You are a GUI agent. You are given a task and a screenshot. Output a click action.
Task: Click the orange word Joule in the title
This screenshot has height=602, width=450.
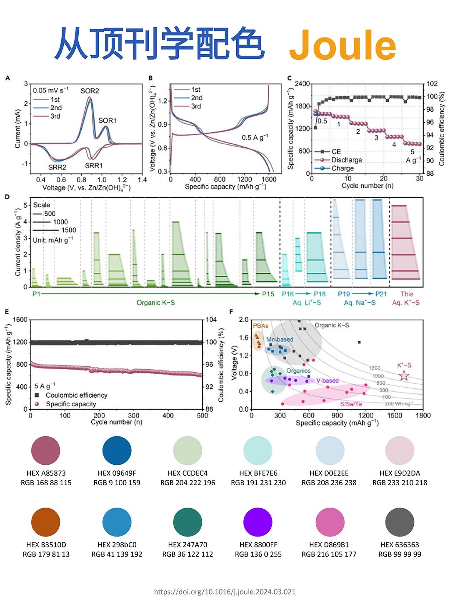pos(342,45)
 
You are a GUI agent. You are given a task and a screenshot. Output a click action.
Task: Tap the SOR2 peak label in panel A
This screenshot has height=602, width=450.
pos(90,91)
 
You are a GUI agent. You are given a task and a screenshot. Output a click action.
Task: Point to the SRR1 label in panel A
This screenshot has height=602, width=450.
pos(94,166)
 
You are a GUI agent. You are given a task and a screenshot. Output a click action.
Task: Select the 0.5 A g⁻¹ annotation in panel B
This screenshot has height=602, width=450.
pos(255,137)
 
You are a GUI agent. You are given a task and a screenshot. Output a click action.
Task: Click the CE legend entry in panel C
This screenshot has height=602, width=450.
pos(336,151)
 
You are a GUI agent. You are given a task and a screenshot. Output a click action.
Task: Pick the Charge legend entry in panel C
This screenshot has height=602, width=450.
pos(342,168)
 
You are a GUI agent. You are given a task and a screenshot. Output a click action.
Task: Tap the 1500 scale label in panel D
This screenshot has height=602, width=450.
pos(69,230)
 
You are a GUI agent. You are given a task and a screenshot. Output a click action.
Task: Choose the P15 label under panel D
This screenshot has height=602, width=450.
pos(268,294)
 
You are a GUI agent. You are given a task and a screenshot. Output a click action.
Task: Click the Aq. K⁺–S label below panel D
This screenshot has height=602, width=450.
pos(406,302)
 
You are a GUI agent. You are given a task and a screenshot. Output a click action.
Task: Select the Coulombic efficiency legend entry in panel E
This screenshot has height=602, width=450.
pos(76,395)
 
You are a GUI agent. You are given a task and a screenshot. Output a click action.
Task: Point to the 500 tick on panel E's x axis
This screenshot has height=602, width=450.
pos(202,416)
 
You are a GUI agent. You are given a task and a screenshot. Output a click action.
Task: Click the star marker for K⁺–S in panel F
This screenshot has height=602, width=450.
pos(404,375)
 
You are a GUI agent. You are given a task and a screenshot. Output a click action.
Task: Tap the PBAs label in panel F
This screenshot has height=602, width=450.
pos(260,326)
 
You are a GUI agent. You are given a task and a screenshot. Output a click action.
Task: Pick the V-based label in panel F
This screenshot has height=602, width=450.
pos(327,380)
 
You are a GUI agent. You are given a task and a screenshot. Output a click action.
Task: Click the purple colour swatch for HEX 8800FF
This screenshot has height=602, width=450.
pos(258,522)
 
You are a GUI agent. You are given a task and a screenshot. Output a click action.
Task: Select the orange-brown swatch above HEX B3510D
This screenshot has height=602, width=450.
pos(46,522)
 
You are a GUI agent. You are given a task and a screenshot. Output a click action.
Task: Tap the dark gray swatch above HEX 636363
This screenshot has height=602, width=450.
pos(400,522)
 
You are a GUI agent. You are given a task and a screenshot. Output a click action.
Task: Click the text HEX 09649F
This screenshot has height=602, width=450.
pos(117,473)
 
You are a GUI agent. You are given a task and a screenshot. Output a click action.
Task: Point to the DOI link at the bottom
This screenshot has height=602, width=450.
pos(225,592)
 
